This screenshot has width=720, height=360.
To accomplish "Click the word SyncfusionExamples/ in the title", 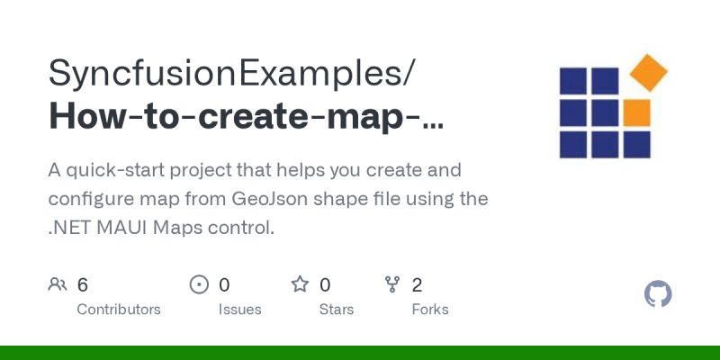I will point(232,73).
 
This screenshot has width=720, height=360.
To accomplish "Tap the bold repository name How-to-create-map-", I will point(246,118).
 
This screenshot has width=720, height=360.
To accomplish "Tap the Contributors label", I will point(119,309).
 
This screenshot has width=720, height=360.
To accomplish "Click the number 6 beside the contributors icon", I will point(83,285).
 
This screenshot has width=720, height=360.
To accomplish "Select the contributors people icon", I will point(58,285).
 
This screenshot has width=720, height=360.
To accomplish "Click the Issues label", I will point(239,309).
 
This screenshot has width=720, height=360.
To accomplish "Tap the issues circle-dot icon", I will point(199,285).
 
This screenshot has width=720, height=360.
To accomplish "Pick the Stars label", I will point(336,309).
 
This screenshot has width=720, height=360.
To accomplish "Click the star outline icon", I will point(300,285).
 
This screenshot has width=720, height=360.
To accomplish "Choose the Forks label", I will point(430,309).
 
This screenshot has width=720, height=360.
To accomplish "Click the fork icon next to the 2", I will point(392,285).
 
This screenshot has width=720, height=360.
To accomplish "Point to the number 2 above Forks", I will point(417,285).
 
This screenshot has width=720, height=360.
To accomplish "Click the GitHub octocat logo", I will point(659,294).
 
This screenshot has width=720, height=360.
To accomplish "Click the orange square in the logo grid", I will point(636,112).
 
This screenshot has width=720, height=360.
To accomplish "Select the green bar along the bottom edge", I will point(360,353).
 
